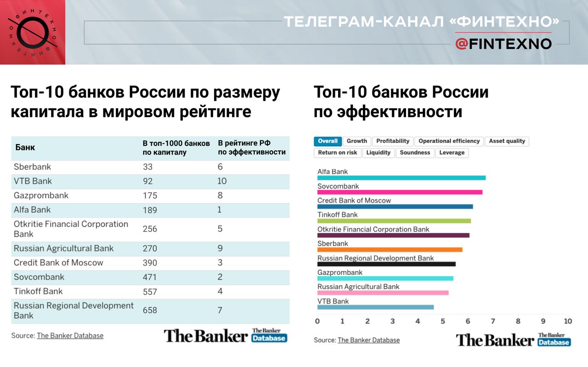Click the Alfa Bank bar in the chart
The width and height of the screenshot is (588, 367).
[401, 178]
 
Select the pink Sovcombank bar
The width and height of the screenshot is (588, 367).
[400, 192]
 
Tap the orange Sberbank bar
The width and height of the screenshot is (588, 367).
[390, 250]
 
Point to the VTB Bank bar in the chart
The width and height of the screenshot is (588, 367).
[375, 307]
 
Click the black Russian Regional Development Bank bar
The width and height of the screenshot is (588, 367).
[386, 264]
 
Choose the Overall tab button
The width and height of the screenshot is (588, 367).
[328, 141]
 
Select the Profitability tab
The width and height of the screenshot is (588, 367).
[393, 141]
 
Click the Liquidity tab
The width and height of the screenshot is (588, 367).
[379, 153]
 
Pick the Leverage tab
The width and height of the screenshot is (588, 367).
[452, 153]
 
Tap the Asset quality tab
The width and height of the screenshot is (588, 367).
[507, 141]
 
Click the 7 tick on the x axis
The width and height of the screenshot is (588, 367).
[493, 321]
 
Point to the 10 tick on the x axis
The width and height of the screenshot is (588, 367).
[568, 321]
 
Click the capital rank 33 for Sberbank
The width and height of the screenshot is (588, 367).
[147, 167]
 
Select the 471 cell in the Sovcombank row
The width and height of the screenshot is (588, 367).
[149, 277]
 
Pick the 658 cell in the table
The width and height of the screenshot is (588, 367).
[150, 311]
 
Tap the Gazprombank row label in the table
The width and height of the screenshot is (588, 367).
[41, 195]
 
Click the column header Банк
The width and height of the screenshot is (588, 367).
[25, 148]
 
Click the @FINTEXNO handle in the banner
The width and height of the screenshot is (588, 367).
[503, 44]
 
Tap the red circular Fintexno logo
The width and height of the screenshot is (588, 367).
[32, 32]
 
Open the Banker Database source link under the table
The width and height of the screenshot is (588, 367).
[70, 336]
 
